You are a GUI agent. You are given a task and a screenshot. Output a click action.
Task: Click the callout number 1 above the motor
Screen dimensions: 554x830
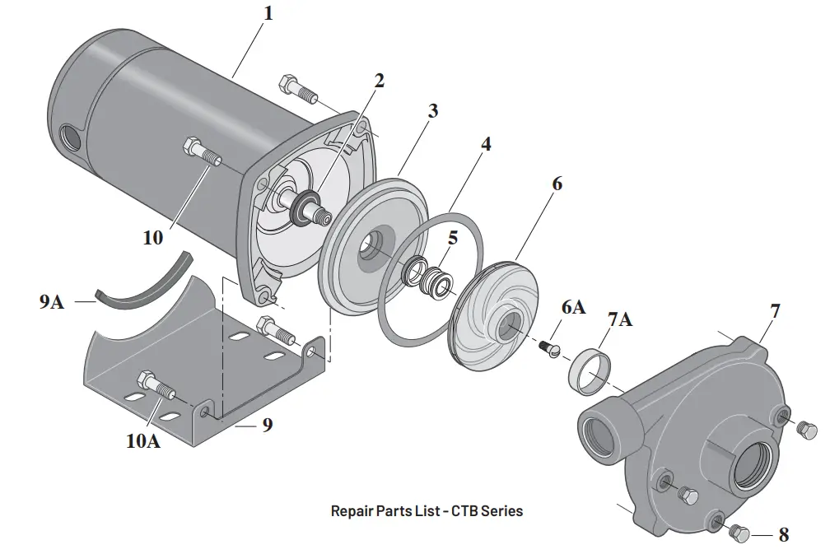tap(267, 14)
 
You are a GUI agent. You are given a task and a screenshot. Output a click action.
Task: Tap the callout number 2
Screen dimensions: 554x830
tap(379, 81)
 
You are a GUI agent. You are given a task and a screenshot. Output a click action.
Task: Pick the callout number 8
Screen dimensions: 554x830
tap(783, 535)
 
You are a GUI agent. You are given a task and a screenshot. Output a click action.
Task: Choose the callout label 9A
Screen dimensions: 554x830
tap(51, 302)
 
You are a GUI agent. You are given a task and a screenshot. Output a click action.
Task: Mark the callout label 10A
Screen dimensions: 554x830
tap(142, 440)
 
